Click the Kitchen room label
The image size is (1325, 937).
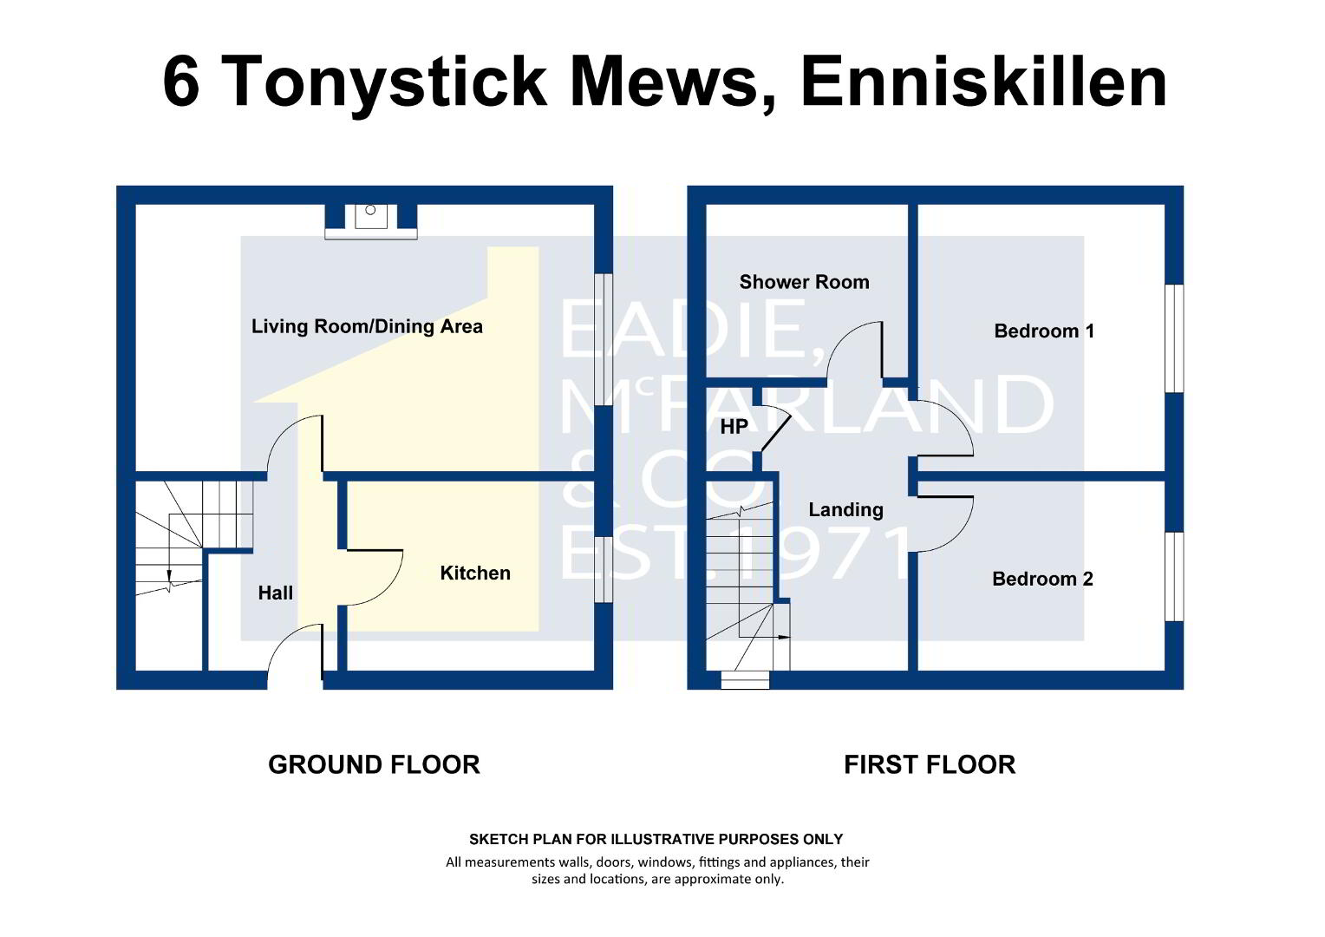coord(475,573)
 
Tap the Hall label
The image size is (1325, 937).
coord(275,593)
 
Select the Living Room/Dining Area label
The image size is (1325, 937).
coord(367,327)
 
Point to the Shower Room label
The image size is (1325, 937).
coord(805,282)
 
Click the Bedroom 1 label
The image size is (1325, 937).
coord(1044,331)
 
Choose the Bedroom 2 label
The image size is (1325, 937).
coord(1042,579)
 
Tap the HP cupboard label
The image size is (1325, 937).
coord(734,426)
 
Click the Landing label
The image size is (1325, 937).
coord(845,509)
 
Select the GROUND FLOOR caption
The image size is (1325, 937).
coord(374,764)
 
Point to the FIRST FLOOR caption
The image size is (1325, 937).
coord(930,764)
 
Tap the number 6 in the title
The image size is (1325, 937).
coord(181,82)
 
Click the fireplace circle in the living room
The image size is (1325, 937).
coord(370,210)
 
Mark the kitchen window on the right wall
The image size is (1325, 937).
coord(604,569)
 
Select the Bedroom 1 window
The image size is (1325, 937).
coord(1174,338)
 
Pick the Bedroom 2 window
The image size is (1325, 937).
coord(1174,577)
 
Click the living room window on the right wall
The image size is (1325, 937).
coord(604,340)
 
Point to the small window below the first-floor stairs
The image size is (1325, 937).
coord(746,680)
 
